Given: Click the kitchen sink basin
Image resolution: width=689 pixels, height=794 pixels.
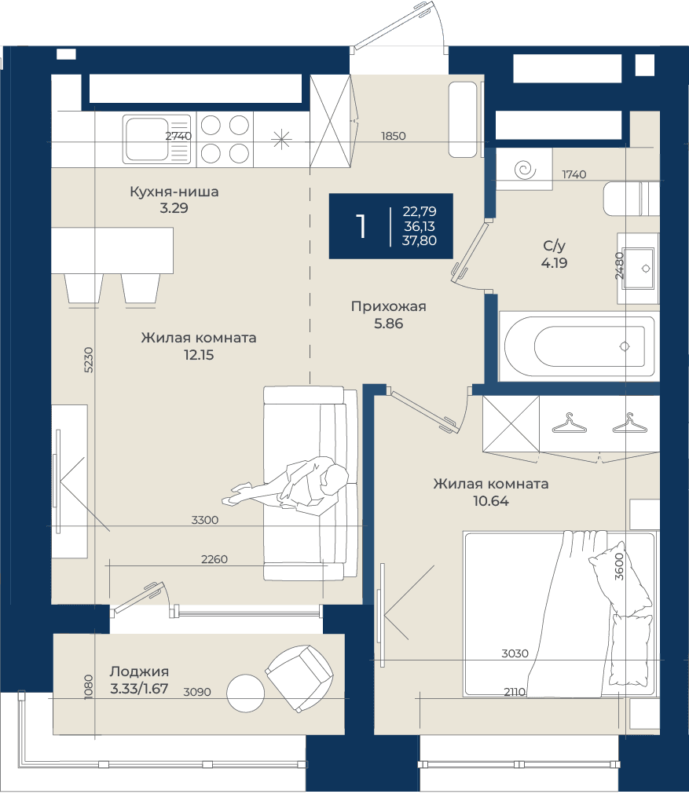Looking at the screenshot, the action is (147, 139).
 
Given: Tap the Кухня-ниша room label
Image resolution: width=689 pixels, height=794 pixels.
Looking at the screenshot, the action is (174, 192).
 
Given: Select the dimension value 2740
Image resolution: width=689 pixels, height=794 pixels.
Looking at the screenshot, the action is (178, 136).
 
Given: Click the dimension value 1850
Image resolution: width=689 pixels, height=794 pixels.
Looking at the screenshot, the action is (393, 136).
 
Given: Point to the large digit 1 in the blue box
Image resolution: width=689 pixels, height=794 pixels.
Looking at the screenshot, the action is (361, 226).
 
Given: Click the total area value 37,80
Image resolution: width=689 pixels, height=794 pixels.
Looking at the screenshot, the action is (419, 240).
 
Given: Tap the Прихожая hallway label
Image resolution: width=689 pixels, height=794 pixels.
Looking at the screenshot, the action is (389, 306).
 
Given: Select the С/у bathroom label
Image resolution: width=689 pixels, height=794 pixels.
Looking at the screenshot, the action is (554, 246).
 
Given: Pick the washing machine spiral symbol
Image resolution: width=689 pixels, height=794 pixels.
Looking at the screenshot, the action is (525, 170).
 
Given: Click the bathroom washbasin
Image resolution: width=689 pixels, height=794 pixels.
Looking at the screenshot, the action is (639, 269).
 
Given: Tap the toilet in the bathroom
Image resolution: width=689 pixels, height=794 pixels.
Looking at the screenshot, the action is (631, 198).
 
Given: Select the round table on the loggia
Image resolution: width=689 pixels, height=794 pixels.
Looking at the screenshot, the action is (245, 693).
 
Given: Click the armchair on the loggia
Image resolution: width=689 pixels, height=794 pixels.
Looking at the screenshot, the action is (299, 679).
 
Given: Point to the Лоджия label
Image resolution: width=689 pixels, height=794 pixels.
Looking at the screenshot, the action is (139, 671).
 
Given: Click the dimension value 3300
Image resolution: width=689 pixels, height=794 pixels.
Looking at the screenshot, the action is (205, 520).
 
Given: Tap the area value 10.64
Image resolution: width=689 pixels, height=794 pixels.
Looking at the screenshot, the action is (491, 501).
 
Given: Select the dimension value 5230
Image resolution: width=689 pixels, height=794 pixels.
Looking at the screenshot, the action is (88, 360).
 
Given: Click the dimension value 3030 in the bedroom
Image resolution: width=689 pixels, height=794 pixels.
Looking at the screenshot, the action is (515, 653).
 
